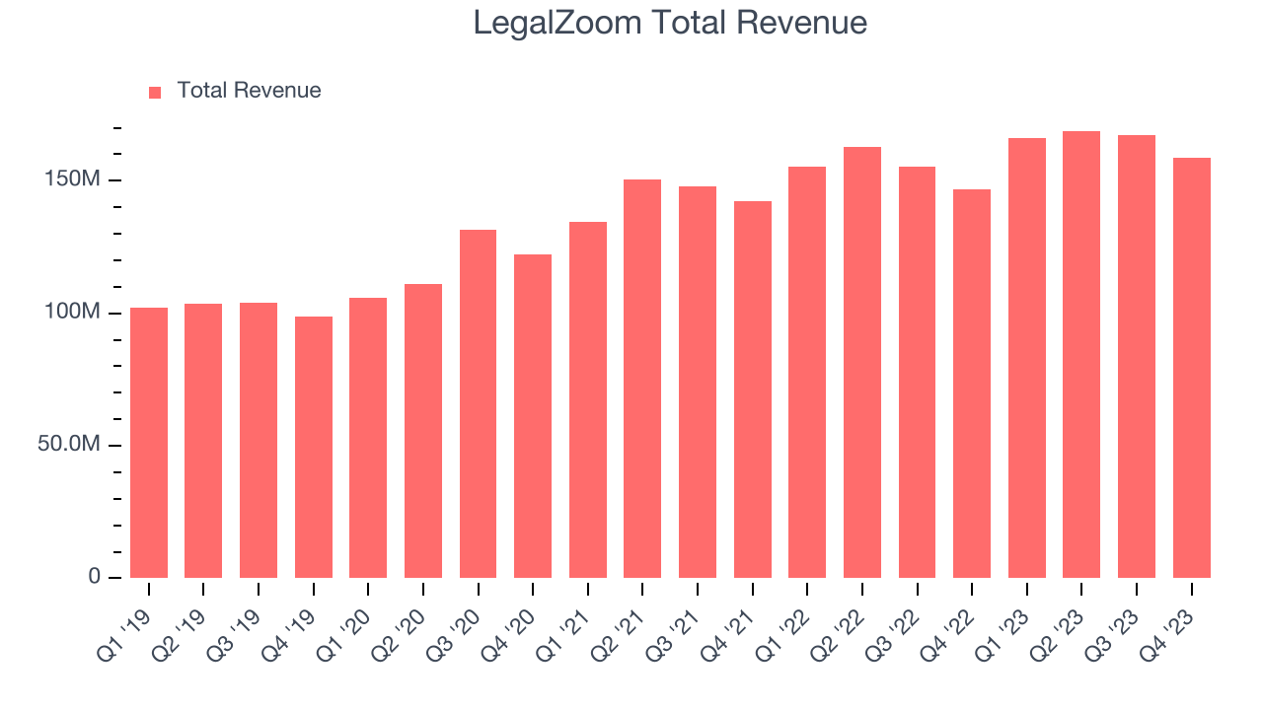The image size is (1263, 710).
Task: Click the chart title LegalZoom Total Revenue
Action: (670, 23)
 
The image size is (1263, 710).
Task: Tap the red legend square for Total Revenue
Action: (155, 92)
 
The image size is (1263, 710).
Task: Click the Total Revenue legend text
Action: (249, 91)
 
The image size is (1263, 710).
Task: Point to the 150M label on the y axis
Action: (73, 180)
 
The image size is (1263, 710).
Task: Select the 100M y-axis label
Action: (73, 313)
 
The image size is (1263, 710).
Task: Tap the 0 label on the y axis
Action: (95, 577)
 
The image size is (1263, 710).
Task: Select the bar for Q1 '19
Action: (149, 443)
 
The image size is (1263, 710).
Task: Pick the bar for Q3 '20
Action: (478, 403)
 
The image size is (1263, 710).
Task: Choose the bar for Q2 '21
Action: (642, 379)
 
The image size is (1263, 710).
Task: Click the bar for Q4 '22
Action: (971, 384)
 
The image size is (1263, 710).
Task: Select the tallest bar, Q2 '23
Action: (1081, 354)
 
